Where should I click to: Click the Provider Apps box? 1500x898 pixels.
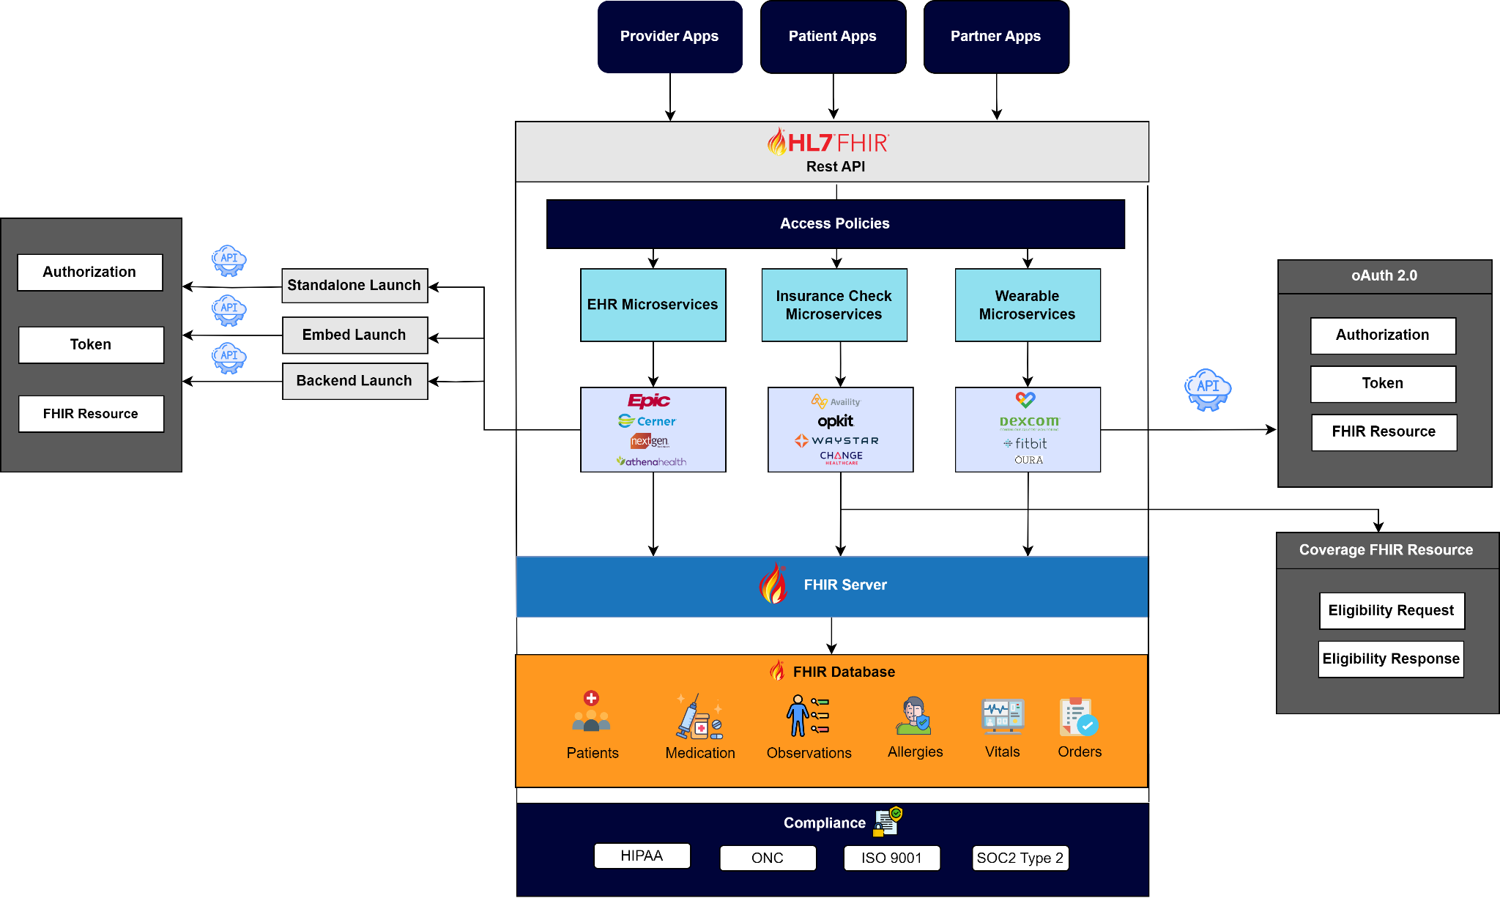click(x=669, y=37)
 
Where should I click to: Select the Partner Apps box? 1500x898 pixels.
click(x=995, y=37)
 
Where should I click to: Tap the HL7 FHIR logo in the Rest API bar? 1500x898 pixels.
click(x=828, y=141)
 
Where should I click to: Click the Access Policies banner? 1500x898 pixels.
click(x=835, y=223)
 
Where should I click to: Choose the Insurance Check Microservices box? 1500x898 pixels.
click(x=834, y=305)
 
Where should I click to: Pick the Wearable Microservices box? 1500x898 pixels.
click(x=1027, y=305)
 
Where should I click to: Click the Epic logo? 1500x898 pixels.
click(x=649, y=401)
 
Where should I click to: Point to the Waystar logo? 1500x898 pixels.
click(x=836, y=441)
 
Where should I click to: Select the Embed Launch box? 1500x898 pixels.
click(x=354, y=335)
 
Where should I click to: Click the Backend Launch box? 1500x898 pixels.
click(x=354, y=381)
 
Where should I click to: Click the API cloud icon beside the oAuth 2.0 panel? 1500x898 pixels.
click(x=1208, y=389)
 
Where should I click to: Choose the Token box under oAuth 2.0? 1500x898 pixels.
click(x=1383, y=384)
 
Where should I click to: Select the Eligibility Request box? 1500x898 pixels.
click(x=1391, y=611)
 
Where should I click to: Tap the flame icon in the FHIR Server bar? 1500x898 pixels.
click(x=773, y=584)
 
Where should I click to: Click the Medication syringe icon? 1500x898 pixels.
click(x=699, y=717)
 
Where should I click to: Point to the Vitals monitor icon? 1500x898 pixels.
click(x=1002, y=716)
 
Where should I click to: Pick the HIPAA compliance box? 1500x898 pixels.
click(x=642, y=856)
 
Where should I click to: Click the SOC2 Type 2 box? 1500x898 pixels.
click(x=1020, y=858)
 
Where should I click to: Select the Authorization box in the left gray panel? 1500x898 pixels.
click(x=89, y=272)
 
